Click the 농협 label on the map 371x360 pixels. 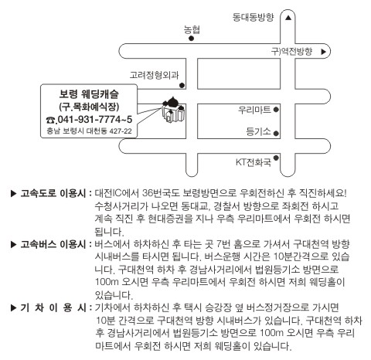192,30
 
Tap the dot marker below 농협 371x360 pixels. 191,39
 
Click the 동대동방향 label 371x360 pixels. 253,17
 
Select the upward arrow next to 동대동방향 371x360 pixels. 288,18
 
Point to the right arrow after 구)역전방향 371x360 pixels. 324,52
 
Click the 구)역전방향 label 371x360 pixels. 291,52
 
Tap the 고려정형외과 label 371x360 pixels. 154,75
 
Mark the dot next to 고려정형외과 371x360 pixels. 182,85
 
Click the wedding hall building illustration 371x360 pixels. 173,110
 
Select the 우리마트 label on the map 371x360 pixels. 254,110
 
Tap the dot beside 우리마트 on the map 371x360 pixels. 276,110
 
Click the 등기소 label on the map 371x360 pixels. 258,131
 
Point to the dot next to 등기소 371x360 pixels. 276,134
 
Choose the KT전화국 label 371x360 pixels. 254,162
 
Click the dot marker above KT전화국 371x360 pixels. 276,158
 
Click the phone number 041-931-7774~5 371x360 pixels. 95,120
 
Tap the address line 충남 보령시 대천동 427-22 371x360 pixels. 89,131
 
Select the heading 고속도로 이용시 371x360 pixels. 53,193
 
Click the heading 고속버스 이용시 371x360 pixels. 53,244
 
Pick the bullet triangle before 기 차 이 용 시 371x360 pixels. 13,307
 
